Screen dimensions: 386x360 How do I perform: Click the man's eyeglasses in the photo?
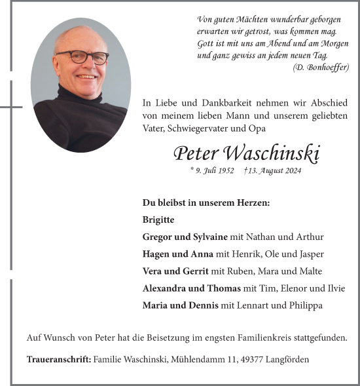point(82,57)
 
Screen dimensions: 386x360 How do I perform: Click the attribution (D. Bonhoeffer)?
point(321,67)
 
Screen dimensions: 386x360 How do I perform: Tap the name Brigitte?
point(158,220)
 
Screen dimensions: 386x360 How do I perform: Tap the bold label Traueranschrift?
point(59,359)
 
